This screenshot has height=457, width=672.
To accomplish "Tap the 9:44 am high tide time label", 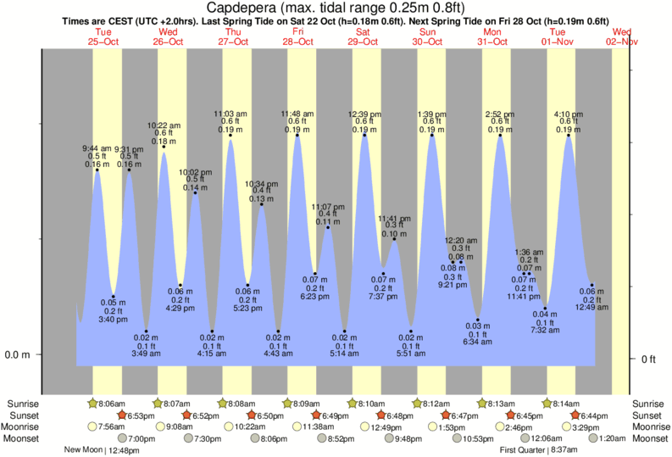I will [x=97, y=148].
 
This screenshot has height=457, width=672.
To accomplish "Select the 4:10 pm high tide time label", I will [x=569, y=114].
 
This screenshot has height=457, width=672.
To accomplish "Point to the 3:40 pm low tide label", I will [x=113, y=320].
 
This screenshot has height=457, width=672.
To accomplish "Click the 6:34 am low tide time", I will [x=478, y=342].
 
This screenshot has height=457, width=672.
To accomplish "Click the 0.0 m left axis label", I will [x=18, y=354].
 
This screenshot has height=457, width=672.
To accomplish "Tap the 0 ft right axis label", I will [x=648, y=359].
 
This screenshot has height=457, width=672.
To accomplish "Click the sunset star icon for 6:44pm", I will [x=575, y=415].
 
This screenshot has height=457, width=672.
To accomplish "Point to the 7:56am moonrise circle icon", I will [x=92, y=426].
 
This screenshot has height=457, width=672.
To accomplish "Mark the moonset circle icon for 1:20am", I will [x=590, y=438].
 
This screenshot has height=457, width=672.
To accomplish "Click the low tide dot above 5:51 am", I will [x=411, y=331].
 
